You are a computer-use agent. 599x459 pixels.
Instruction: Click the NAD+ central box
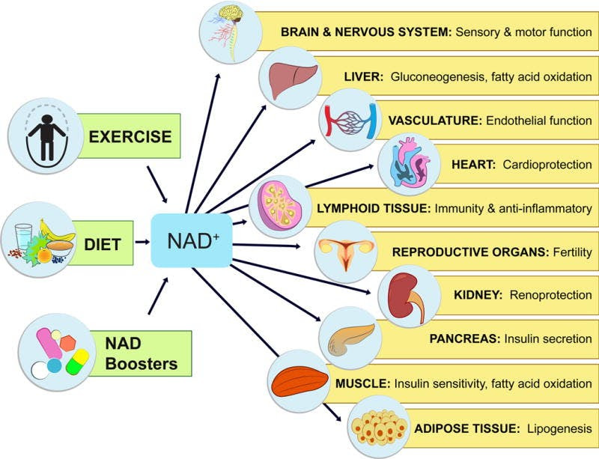pyautogui.click(x=192, y=240)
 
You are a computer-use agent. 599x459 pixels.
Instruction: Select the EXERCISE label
pyautogui.click(x=130, y=136)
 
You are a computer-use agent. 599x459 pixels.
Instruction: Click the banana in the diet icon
pyautogui.click(x=54, y=225)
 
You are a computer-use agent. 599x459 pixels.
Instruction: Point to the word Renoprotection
pyautogui.click(x=550, y=296)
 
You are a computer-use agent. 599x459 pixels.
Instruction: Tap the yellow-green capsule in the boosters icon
pyautogui.click(x=78, y=364)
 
